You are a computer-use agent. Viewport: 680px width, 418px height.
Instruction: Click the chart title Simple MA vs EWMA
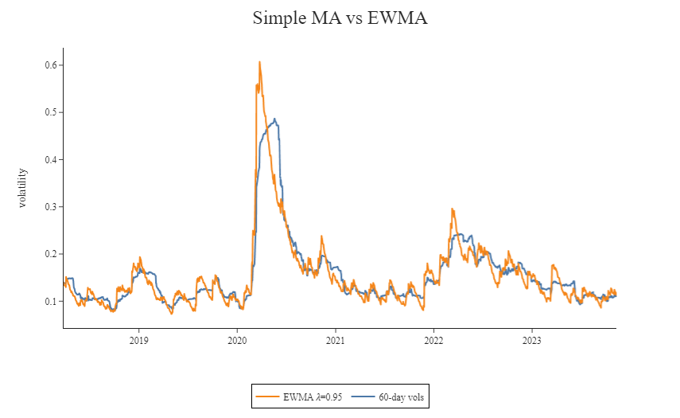[340, 18]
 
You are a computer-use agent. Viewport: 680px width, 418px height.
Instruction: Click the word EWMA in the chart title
[398, 18]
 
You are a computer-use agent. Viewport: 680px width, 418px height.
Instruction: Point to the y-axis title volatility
[22, 188]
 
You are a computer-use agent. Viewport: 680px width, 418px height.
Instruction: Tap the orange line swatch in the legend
[268, 397]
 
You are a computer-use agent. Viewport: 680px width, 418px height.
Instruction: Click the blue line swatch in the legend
[363, 397]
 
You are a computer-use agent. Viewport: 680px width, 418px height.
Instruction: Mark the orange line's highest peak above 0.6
[259, 61]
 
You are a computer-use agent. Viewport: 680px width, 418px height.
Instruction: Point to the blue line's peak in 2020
[274, 119]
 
